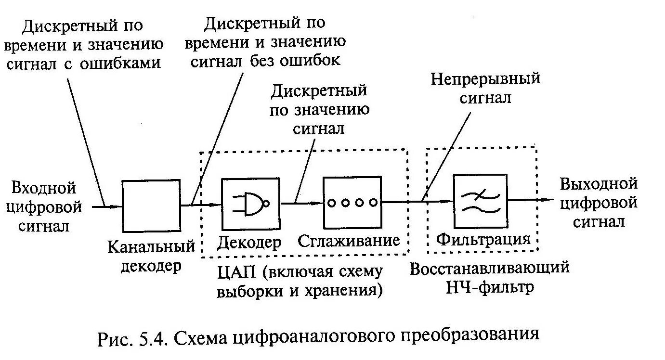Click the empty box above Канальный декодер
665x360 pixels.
[151, 206]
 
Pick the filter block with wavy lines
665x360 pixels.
[480, 201]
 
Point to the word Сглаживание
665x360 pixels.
[349, 240]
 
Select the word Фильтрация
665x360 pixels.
[483, 239]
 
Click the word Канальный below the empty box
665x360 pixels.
[151, 247]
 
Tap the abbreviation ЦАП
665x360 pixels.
[236, 272]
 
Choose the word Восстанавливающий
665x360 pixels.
[490, 268]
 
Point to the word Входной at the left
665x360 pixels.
[44, 188]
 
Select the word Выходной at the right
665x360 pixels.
[599, 183]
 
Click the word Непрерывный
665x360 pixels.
[485, 78]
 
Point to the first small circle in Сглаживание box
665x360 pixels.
[331, 203]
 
